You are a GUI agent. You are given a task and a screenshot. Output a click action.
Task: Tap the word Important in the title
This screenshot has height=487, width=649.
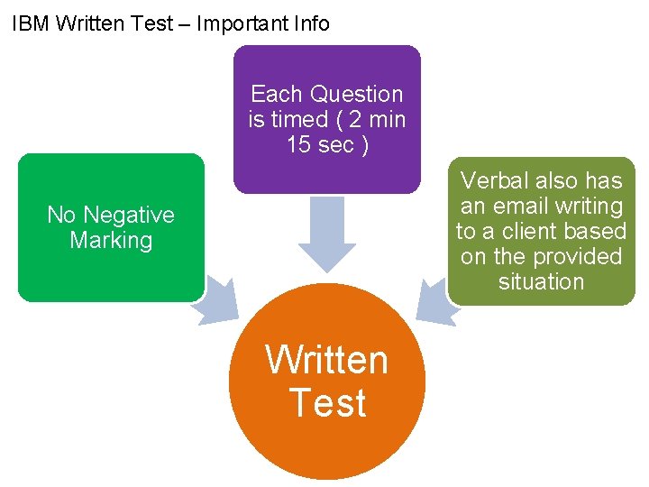tap(236, 23)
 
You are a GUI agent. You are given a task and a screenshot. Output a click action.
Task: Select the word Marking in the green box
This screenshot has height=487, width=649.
tap(111, 240)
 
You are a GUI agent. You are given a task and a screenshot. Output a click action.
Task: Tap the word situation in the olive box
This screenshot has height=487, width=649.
tap(541, 281)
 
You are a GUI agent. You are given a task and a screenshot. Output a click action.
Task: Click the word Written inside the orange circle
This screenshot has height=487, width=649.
tap(326, 360)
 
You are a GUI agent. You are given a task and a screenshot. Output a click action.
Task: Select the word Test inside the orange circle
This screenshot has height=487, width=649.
tap(327, 402)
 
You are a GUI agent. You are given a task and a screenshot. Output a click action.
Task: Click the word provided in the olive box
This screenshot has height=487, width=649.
tap(580, 256)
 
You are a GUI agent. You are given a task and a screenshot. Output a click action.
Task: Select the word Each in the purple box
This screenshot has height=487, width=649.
tap(275, 94)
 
